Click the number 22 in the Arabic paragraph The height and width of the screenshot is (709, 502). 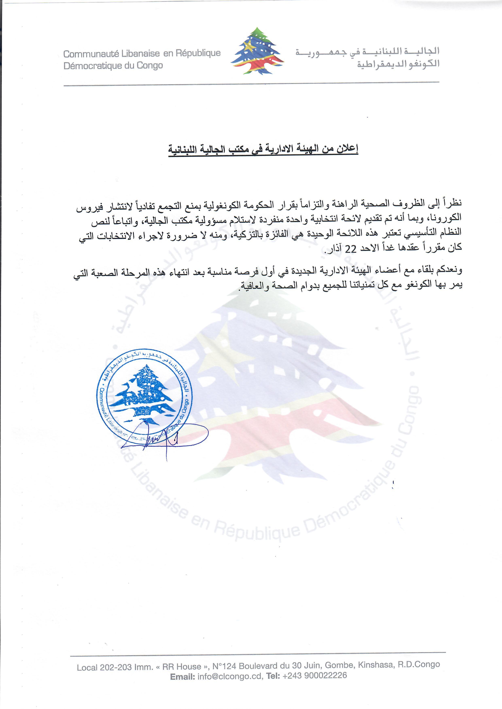coord(350,249)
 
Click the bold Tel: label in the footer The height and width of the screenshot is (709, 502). coord(273,676)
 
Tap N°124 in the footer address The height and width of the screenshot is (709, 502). coord(224,666)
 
